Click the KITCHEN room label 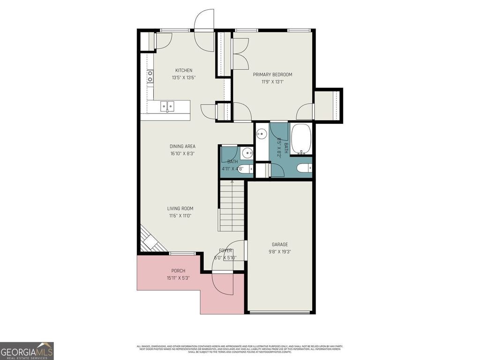click(184, 70)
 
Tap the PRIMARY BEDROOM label click(272, 75)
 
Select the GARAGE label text click(280, 244)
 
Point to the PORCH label click(178, 271)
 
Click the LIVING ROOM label click(180, 209)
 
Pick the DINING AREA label click(182, 146)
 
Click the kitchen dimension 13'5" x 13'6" click(184, 78)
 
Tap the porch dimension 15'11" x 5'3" click(178, 278)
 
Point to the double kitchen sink click(167, 106)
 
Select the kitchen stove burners click(150, 76)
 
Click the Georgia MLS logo click(27, 351)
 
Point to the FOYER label click(225, 251)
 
